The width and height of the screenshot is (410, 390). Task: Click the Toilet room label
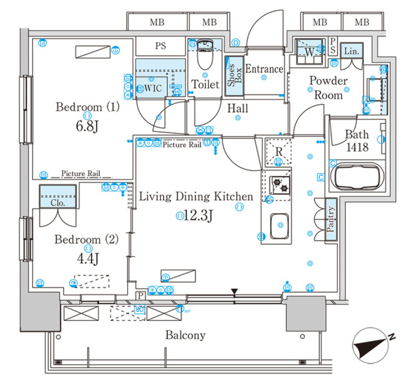coord(205,84)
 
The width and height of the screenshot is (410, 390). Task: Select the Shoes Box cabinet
coord(234,76)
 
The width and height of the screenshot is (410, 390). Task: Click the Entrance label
coord(264,69)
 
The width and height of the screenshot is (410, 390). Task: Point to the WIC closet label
coord(152,89)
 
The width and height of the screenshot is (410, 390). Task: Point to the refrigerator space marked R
coord(278,151)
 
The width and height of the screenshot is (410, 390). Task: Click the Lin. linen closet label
coord(352,51)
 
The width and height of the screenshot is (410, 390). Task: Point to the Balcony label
coord(185,335)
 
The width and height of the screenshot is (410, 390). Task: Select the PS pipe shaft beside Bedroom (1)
coord(161,46)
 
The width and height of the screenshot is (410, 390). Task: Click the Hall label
coord(237,108)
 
